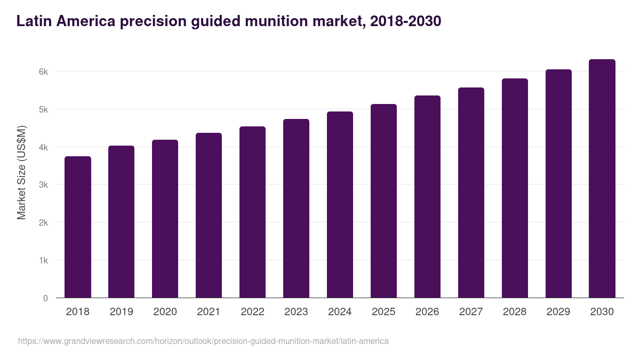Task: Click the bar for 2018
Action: click(78, 227)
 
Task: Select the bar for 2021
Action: click(209, 215)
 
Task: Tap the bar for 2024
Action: click(340, 205)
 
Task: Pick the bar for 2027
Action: click(471, 193)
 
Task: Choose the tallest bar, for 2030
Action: click(602, 179)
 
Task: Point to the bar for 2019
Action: click(122, 222)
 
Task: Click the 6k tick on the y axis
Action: click(43, 71)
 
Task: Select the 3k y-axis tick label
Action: click(43, 185)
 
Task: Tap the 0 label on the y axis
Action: click(45, 299)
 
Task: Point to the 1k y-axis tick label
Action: click(43, 261)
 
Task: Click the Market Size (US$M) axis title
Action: click(21, 173)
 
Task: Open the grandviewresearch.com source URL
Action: click(203, 341)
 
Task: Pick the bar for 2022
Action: click(252, 212)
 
